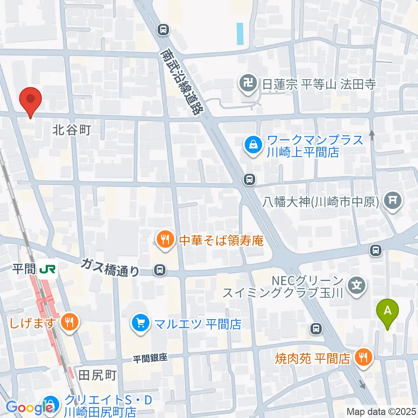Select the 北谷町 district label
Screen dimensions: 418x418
pyautogui.click(x=71, y=129)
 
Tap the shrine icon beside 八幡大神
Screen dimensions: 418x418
pyautogui.click(x=393, y=200)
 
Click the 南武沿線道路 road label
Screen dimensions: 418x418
pyautogui.click(x=182, y=81)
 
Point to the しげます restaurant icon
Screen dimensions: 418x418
pyautogui.click(x=69, y=323)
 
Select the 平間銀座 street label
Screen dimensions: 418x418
pyautogui.click(x=150, y=358)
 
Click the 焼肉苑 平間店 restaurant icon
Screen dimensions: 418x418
pyautogui.click(x=362, y=358)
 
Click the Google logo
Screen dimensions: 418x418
pyautogui.click(x=30, y=408)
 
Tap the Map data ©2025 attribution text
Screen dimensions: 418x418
pyautogui.click(x=381, y=411)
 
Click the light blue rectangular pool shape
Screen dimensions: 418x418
pyautogui.click(x=240, y=34)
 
